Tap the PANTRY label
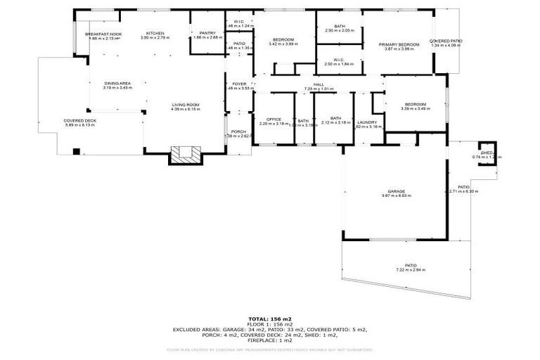207,33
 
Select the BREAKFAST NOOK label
103,34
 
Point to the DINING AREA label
117,84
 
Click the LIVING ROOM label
186,105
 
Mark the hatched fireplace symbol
186,155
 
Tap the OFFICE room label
274,119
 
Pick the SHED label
487,153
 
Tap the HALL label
319,85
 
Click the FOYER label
240,84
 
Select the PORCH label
239,131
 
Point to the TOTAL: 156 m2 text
269,319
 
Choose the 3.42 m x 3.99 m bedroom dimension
283,44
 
